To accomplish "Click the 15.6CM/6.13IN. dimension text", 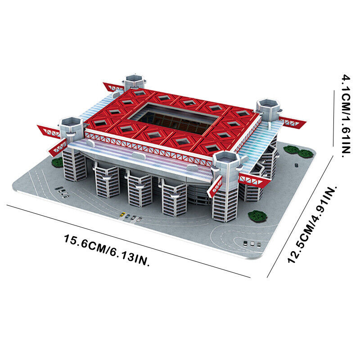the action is click(x=107, y=250).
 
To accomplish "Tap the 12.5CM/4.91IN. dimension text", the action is click(x=312, y=225).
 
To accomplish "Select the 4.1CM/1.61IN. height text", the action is click(x=346, y=116).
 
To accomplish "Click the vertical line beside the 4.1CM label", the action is click(x=333, y=118).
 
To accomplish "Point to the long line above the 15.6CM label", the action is click(x=128, y=241).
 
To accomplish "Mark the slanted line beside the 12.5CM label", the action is click(x=300, y=216).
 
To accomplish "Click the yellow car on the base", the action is click(x=122, y=215).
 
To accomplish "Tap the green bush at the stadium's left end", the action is click(x=57, y=162).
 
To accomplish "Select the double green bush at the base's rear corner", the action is click(x=298, y=152).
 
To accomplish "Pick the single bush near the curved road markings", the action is click(x=257, y=216).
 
